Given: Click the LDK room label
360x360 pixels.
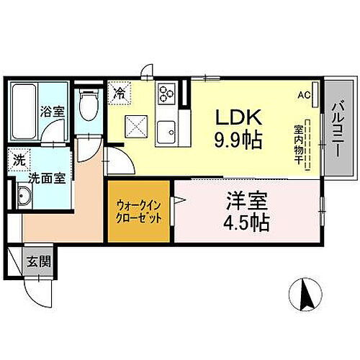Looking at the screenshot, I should tap(233, 116).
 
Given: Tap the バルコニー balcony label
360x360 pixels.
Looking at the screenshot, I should tap(337, 127).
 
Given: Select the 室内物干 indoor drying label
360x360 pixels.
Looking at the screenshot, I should tap(298, 145).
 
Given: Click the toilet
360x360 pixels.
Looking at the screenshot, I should tap(89, 107).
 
